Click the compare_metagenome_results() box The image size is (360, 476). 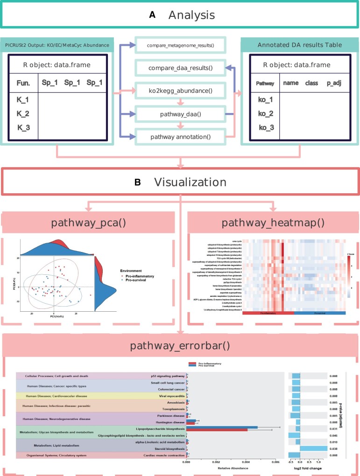tap(180, 46)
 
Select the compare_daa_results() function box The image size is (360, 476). tap(180, 68)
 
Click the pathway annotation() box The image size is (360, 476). tap(180, 136)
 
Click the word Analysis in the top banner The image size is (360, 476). tap(191, 15)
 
